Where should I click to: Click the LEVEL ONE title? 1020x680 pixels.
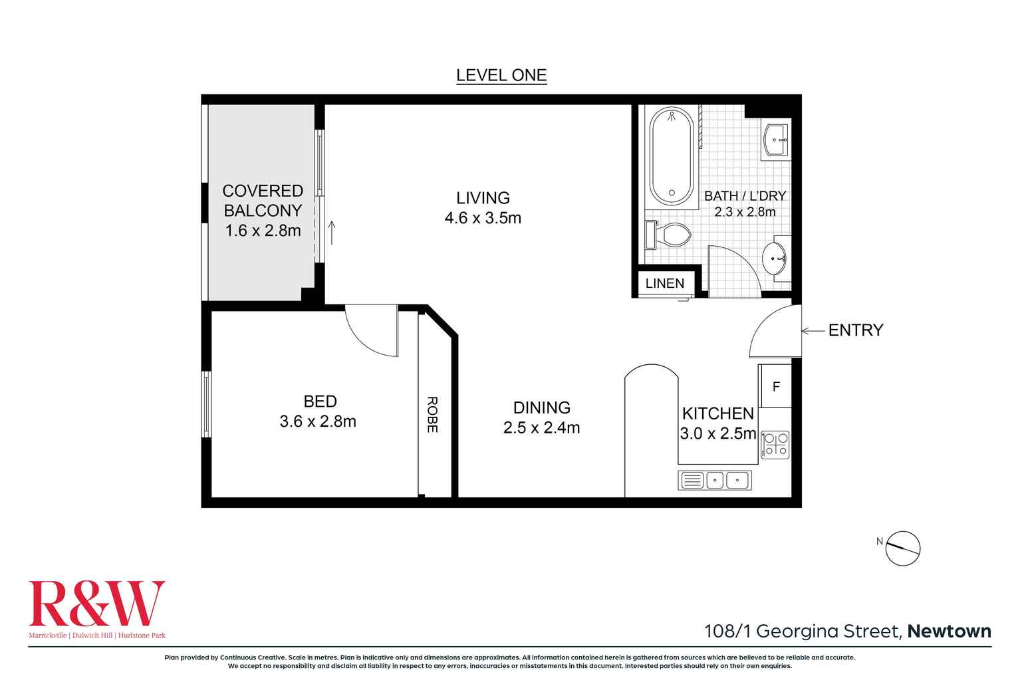[x=501, y=76]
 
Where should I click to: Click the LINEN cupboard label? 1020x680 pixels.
[x=664, y=283]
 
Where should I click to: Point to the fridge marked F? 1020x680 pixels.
[x=775, y=387]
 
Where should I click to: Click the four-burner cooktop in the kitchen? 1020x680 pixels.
[x=775, y=445]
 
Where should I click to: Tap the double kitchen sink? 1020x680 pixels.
[x=715, y=480]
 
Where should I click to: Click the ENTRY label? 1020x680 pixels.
[x=855, y=330]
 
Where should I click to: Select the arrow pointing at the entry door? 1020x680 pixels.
[x=813, y=330]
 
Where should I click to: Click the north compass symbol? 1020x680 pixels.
[x=903, y=548]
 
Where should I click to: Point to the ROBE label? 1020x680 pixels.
[x=432, y=415]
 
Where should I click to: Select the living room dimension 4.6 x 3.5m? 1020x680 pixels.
[x=483, y=218]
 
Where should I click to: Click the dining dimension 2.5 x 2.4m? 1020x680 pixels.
[x=541, y=428]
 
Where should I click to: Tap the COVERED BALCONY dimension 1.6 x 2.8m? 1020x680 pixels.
[x=263, y=231]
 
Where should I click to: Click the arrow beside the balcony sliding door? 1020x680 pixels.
[x=332, y=233]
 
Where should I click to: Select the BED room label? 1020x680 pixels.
[x=320, y=401]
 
